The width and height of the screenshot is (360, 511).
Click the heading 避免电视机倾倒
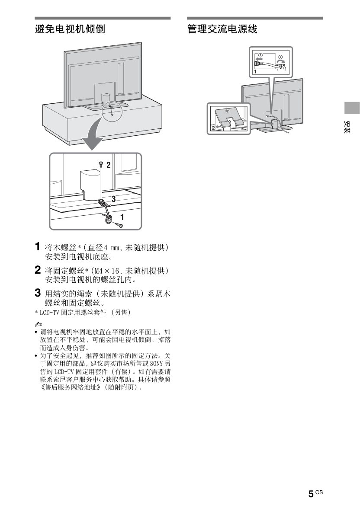(x=70, y=29)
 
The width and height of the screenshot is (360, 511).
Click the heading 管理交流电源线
(x=222, y=29)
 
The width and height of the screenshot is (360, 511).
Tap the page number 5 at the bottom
(x=311, y=494)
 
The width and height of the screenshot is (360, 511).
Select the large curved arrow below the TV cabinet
(x=95, y=134)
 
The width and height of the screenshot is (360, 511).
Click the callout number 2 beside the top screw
(x=108, y=165)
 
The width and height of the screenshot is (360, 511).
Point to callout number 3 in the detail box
(x=113, y=199)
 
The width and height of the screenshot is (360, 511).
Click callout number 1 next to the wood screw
(x=122, y=217)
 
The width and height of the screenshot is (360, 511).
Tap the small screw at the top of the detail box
(x=101, y=164)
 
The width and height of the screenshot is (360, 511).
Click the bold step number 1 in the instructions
(x=38, y=246)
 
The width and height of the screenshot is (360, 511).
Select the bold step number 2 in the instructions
(x=38, y=270)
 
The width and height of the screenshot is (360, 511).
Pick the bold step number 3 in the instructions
(x=38, y=293)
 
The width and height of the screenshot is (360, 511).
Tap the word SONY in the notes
(x=156, y=364)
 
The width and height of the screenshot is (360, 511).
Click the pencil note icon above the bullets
(x=39, y=324)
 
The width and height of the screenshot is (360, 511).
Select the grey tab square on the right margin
(x=352, y=108)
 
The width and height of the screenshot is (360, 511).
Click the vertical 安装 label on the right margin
(x=347, y=128)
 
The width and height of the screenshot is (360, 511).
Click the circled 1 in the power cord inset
(x=260, y=55)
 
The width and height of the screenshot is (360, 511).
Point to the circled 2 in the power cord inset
(x=280, y=57)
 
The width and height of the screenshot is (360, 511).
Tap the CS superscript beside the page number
(x=319, y=492)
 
